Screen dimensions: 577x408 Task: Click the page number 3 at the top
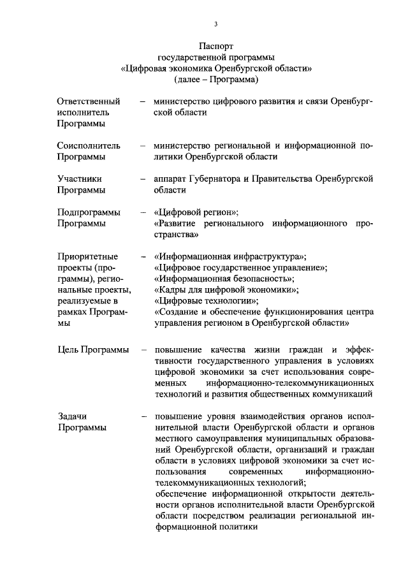[x=216, y=24]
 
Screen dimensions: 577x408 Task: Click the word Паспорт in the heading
[x=216, y=47]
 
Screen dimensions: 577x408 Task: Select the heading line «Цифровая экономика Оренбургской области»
[x=216, y=69]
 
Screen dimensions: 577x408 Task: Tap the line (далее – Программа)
[x=216, y=80]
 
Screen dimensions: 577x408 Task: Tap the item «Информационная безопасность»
[x=224, y=279]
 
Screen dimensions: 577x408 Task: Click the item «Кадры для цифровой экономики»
[x=227, y=290]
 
